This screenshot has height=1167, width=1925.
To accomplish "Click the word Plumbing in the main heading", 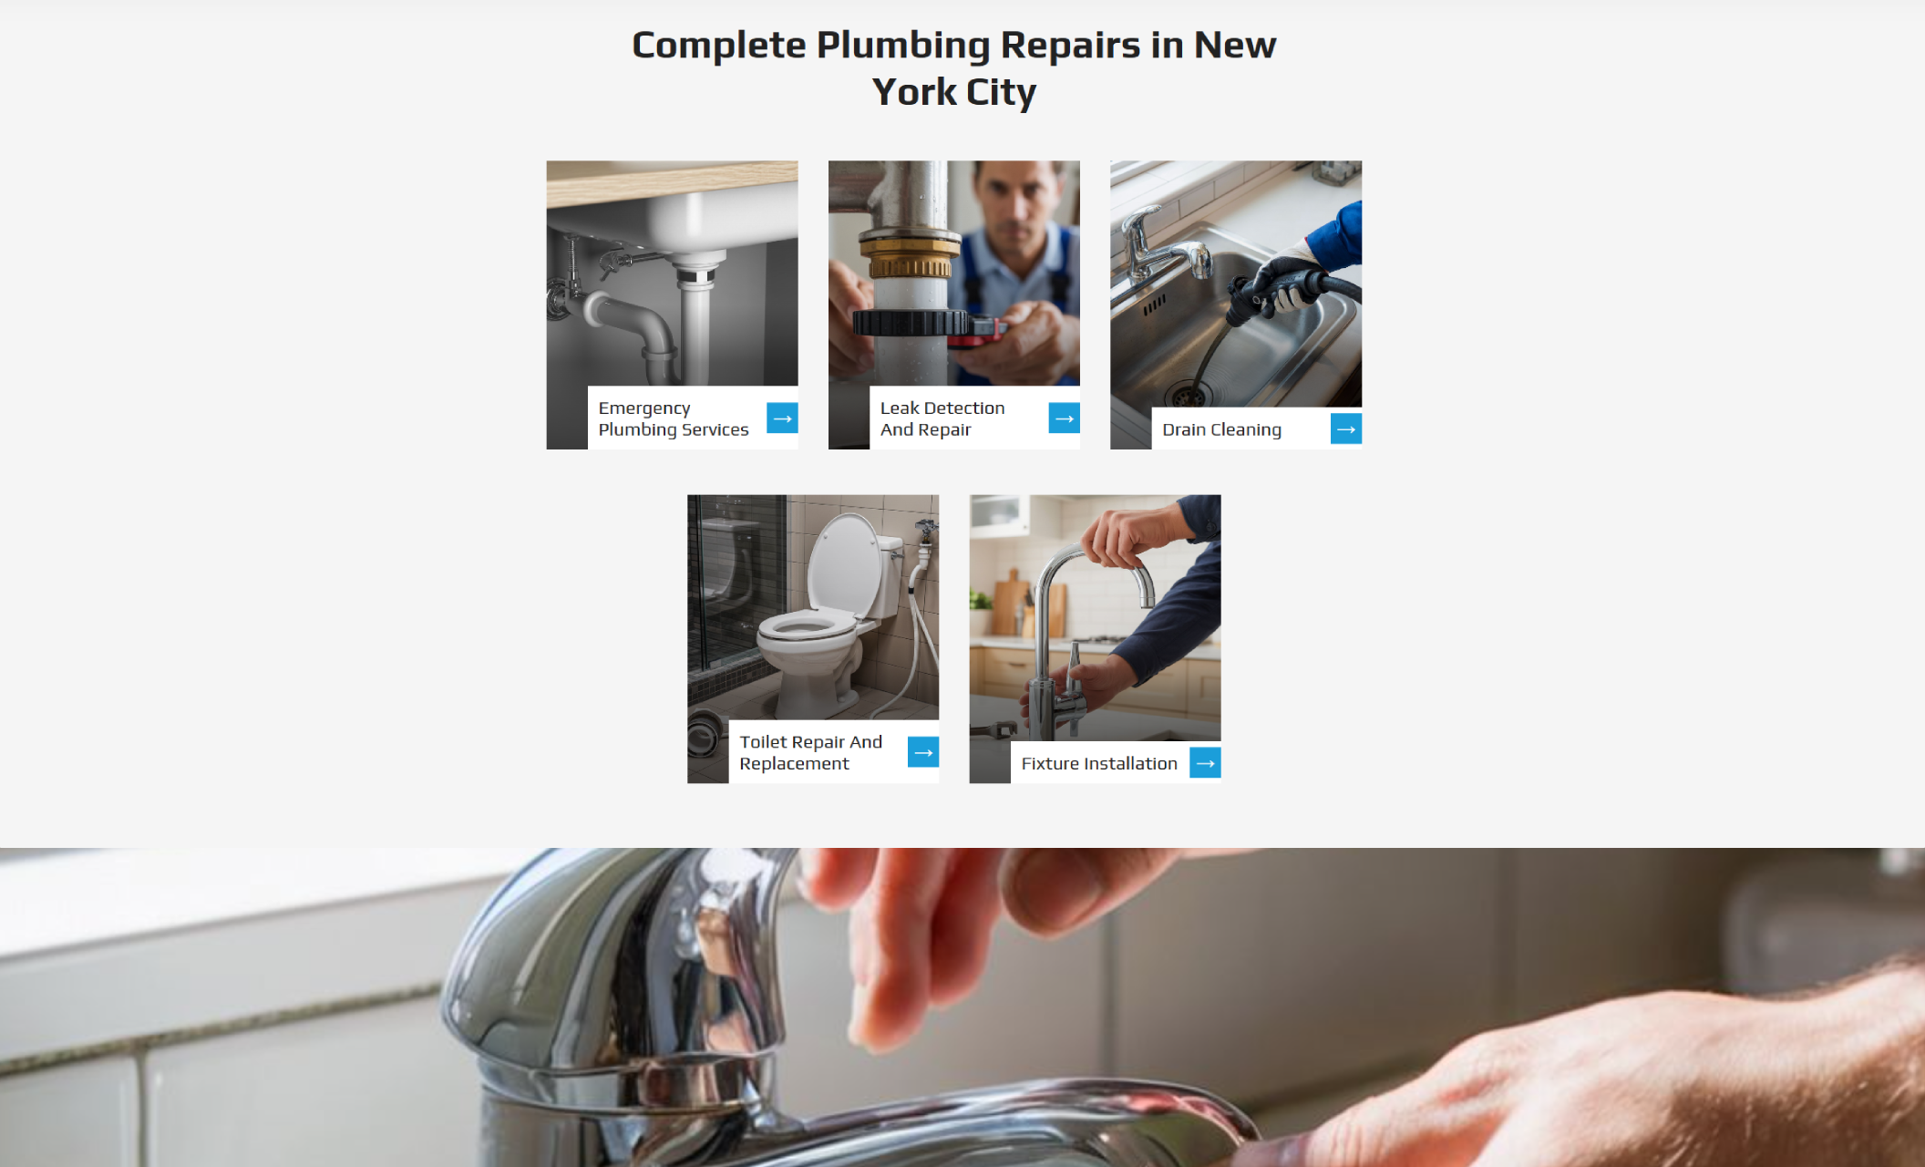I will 902,46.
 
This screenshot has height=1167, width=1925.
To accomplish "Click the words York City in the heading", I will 953,92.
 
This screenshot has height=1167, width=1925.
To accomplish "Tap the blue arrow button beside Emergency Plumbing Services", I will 782,418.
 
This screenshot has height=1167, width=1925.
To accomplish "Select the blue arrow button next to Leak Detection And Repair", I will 1064,418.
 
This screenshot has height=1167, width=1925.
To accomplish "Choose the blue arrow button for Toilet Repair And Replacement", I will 923,752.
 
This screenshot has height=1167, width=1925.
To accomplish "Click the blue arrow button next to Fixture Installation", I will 1205,763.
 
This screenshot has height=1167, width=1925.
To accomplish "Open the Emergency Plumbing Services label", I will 673,418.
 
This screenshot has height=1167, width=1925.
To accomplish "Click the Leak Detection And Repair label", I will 942,418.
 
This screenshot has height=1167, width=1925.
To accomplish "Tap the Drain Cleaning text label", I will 1221,429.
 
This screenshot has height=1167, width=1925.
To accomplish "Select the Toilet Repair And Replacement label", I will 810,752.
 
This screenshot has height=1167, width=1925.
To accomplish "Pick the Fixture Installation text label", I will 1099,763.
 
